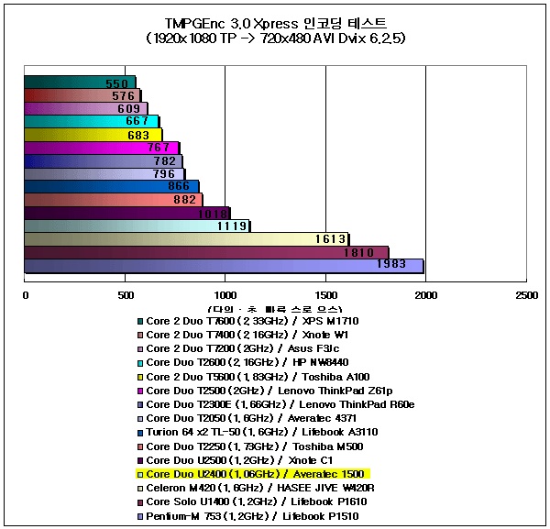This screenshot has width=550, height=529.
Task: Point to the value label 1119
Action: [232, 226]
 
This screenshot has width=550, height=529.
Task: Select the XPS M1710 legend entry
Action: [253, 320]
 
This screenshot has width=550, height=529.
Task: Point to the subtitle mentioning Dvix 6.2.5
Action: [275, 39]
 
